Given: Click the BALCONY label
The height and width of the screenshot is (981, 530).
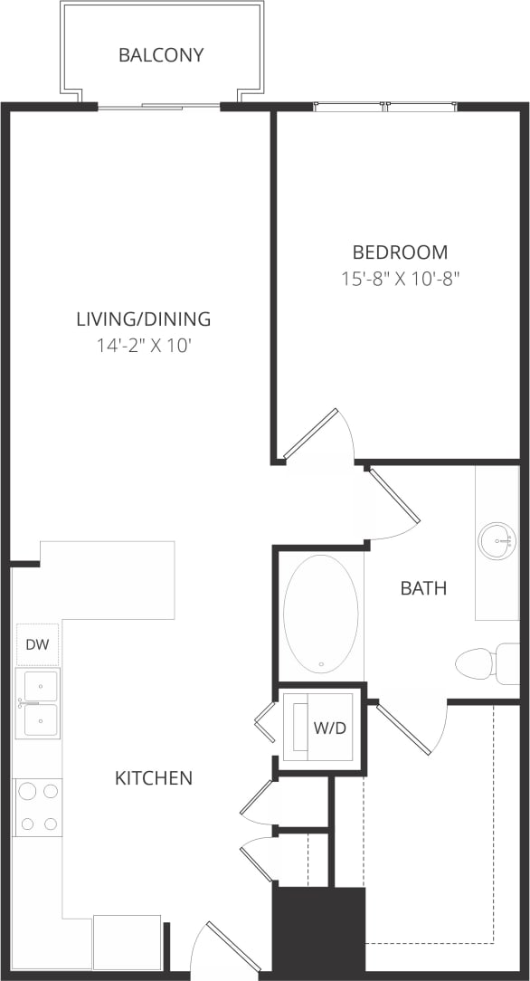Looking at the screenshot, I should pyautogui.click(x=161, y=55).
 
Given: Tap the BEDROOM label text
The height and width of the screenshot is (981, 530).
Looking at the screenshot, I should pyautogui.click(x=400, y=252).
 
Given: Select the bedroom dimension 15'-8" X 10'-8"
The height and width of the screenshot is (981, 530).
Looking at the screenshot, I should pyautogui.click(x=400, y=279).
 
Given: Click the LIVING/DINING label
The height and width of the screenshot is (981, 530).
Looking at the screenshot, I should pyautogui.click(x=143, y=319).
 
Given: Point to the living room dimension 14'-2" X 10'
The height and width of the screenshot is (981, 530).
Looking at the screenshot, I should pyautogui.click(x=143, y=345).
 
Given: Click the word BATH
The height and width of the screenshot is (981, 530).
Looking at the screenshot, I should pyautogui.click(x=423, y=588).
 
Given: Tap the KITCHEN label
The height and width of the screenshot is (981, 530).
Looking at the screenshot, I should pyautogui.click(x=154, y=778).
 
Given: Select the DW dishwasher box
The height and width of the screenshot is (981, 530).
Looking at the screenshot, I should pyautogui.click(x=37, y=645).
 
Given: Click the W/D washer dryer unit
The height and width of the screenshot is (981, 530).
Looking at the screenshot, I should pyautogui.click(x=320, y=728).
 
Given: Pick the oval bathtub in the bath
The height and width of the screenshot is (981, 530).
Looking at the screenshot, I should pyautogui.click(x=320, y=614).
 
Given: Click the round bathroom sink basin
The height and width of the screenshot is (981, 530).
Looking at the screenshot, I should pyautogui.click(x=497, y=541).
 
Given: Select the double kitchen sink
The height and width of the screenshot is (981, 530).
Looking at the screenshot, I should pyautogui.click(x=39, y=703).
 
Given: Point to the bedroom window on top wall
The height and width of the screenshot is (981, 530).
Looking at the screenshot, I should pyautogui.click(x=384, y=107).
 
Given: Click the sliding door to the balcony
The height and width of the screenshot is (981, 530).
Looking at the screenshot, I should pyautogui.click(x=158, y=107).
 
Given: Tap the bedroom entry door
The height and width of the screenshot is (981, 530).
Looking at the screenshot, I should pyautogui.click(x=312, y=433).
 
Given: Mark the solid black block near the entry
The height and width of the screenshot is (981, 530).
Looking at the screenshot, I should pyautogui.click(x=318, y=930).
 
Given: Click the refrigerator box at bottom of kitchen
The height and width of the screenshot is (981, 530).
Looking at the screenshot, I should pyautogui.click(x=127, y=942).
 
